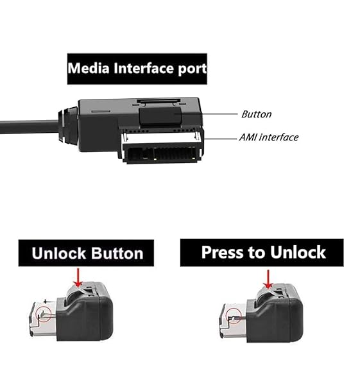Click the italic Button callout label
pos(257,114)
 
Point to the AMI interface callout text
pos(269,137)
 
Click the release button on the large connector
pos(161,115)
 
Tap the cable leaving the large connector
pos(29,126)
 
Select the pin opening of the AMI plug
pos(162,153)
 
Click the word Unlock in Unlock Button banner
pos(59,253)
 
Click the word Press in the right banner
pos(220,252)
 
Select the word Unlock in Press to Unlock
pos(298,252)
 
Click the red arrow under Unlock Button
pos(78,277)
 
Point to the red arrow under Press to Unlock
pos(268,279)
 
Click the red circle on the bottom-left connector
pos(43,314)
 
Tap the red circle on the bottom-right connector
pos(234,316)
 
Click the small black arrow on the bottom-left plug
pos(48,301)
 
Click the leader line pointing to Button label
pos(210,114)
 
